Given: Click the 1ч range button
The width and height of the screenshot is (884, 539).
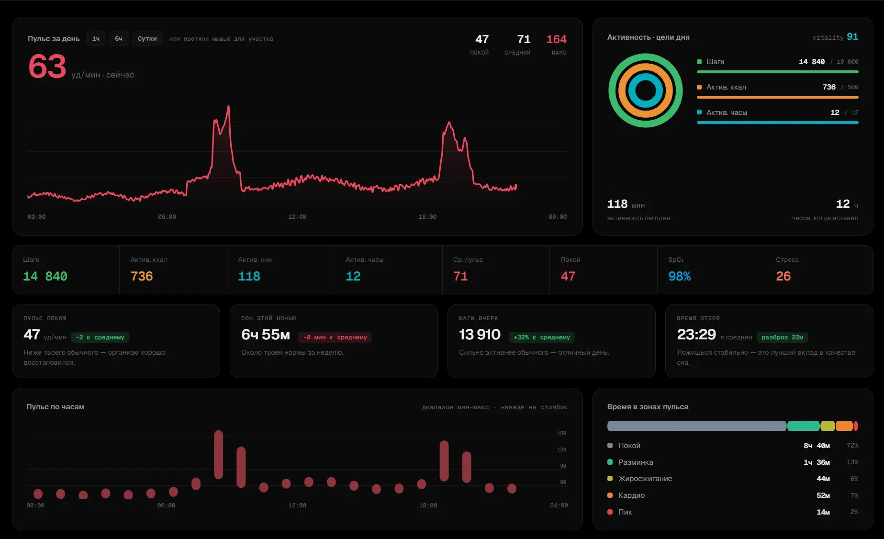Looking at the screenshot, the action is tap(96, 39).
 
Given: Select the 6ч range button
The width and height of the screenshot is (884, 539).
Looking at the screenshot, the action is tap(119, 39).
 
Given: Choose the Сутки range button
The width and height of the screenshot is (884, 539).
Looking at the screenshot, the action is tap(147, 39).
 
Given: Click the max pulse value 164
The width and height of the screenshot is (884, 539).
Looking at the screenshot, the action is tap(556, 39).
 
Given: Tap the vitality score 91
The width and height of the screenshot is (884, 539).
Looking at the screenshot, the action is tap(852, 37).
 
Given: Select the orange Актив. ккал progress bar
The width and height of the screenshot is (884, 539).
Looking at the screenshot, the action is tap(777, 97).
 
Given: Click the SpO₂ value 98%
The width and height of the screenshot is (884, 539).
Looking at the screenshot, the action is tap(679, 276).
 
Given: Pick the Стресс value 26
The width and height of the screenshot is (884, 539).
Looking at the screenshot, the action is tap(783, 276).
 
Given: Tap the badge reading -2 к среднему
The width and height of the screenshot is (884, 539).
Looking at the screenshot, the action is tap(100, 337).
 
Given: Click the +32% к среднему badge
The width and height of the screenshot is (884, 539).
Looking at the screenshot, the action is tap(542, 337).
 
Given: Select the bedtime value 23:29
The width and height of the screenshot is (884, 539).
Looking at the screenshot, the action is tap(696, 335).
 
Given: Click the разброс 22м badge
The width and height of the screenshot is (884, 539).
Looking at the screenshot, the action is tap(782, 337).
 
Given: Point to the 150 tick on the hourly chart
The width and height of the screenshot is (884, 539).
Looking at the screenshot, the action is tap(561, 434).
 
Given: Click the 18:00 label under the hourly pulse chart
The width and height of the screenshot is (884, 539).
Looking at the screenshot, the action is tap(428, 505).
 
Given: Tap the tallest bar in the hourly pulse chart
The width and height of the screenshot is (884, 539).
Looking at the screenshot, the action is tap(219, 454).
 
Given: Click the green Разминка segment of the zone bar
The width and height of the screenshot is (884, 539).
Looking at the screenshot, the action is tap(803, 426).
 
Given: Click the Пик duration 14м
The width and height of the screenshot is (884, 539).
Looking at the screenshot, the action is tap(823, 512).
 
